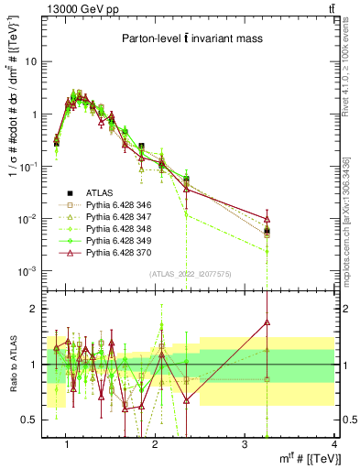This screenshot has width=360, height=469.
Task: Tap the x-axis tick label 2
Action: point(156,444)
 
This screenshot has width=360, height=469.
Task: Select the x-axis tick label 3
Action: point(245,444)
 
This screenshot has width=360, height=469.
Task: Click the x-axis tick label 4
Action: point(333,444)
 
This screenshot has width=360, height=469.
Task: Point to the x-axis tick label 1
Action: point(67,444)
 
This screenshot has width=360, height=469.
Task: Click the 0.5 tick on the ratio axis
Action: point(34,420)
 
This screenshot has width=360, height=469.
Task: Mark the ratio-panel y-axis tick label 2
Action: point(38,309)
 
